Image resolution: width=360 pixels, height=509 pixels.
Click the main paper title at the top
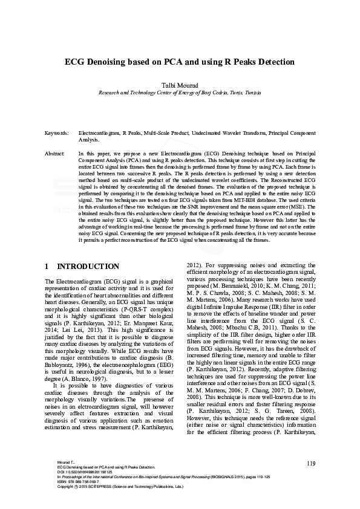pyautogui.click(x=180, y=62)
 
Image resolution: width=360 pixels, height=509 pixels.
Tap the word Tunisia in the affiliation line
pyautogui.click(x=248, y=94)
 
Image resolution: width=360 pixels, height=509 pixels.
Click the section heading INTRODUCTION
pyautogui.click(x=88, y=267)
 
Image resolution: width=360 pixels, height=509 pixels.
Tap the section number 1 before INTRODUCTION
pyautogui.click(x=48, y=267)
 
